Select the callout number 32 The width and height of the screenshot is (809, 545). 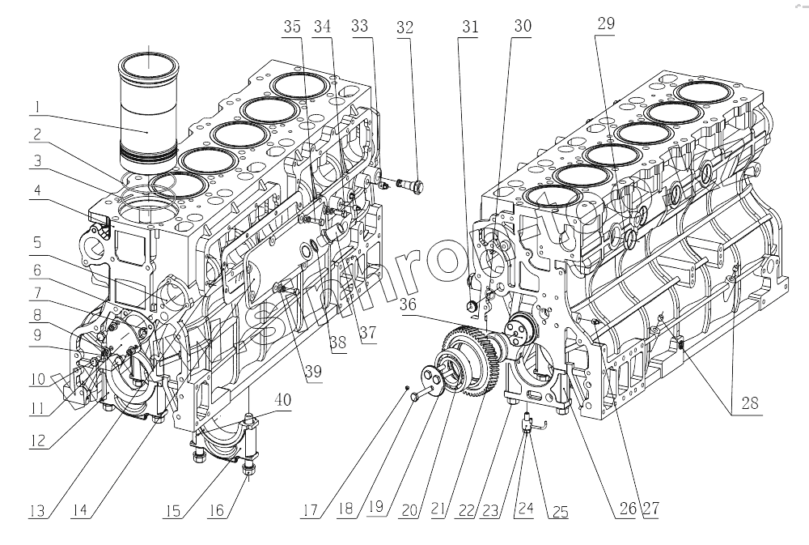(404, 27)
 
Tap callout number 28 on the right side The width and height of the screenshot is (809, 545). (750, 402)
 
